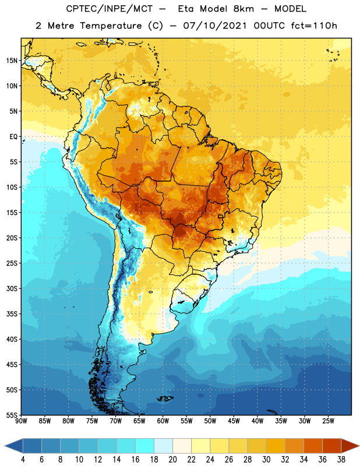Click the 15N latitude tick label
(12, 61)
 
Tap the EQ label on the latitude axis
(13, 137)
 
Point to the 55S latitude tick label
(12, 415)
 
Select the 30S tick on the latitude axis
(12, 288)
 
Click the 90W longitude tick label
(21, 421)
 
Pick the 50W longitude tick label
(210, 421)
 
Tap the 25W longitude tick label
(328, 421)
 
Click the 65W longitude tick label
(139, 421)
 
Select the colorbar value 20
(172, 460)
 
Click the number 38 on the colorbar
(341, 460)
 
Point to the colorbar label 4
(23, 460)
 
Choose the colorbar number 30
(266, 460)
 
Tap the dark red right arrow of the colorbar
(350, 446)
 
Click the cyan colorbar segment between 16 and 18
(145, 446)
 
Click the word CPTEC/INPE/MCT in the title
(110, 9)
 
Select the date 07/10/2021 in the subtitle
(215, 26)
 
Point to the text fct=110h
(314, 26)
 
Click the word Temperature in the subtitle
(111, 26)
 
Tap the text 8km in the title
(243, 9)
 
